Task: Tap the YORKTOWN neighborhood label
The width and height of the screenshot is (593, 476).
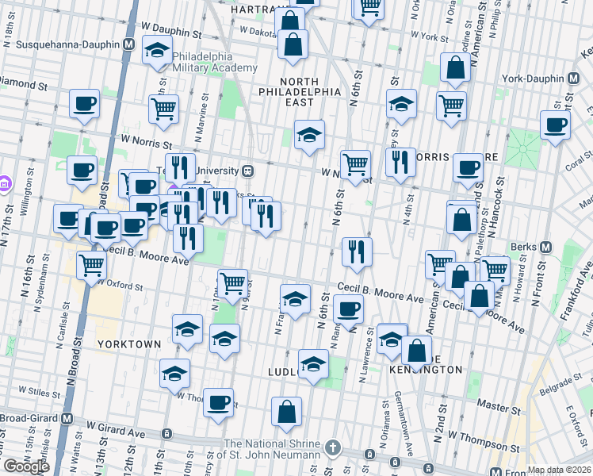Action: pos(128,344)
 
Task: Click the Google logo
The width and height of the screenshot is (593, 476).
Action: pos(26,466)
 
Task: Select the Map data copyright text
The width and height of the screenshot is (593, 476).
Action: pos(560,470)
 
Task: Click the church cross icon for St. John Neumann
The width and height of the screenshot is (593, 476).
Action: pos(335,448)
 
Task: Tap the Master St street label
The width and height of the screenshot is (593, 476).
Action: pos(498,407)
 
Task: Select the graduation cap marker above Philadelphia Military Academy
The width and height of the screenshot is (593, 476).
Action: pos(158,51)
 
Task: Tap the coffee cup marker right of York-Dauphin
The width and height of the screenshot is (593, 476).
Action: pos(555,125)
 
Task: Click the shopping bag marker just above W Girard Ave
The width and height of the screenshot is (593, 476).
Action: pos(286,411)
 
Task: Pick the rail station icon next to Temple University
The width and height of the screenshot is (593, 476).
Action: pos(248,171)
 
